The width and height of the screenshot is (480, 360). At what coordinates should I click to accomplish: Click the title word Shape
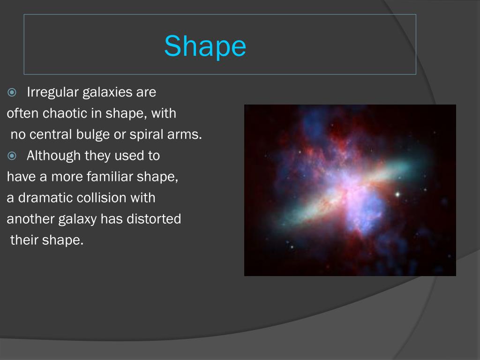(205, 46)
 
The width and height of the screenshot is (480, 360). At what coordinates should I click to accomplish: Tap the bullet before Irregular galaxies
(12, 92)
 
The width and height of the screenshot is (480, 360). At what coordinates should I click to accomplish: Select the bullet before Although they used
(12, 156)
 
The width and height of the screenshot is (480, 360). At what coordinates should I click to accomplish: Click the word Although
(53, 156)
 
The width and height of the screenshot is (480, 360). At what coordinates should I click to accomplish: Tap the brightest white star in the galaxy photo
(397, 194)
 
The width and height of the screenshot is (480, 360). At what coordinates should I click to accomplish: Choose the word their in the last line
(24, 240)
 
